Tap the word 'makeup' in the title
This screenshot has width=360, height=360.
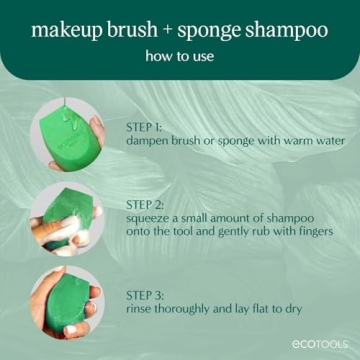point(68,30)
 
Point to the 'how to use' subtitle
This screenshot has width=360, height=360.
point(179,58)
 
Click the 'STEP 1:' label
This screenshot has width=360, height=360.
point(148,127)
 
